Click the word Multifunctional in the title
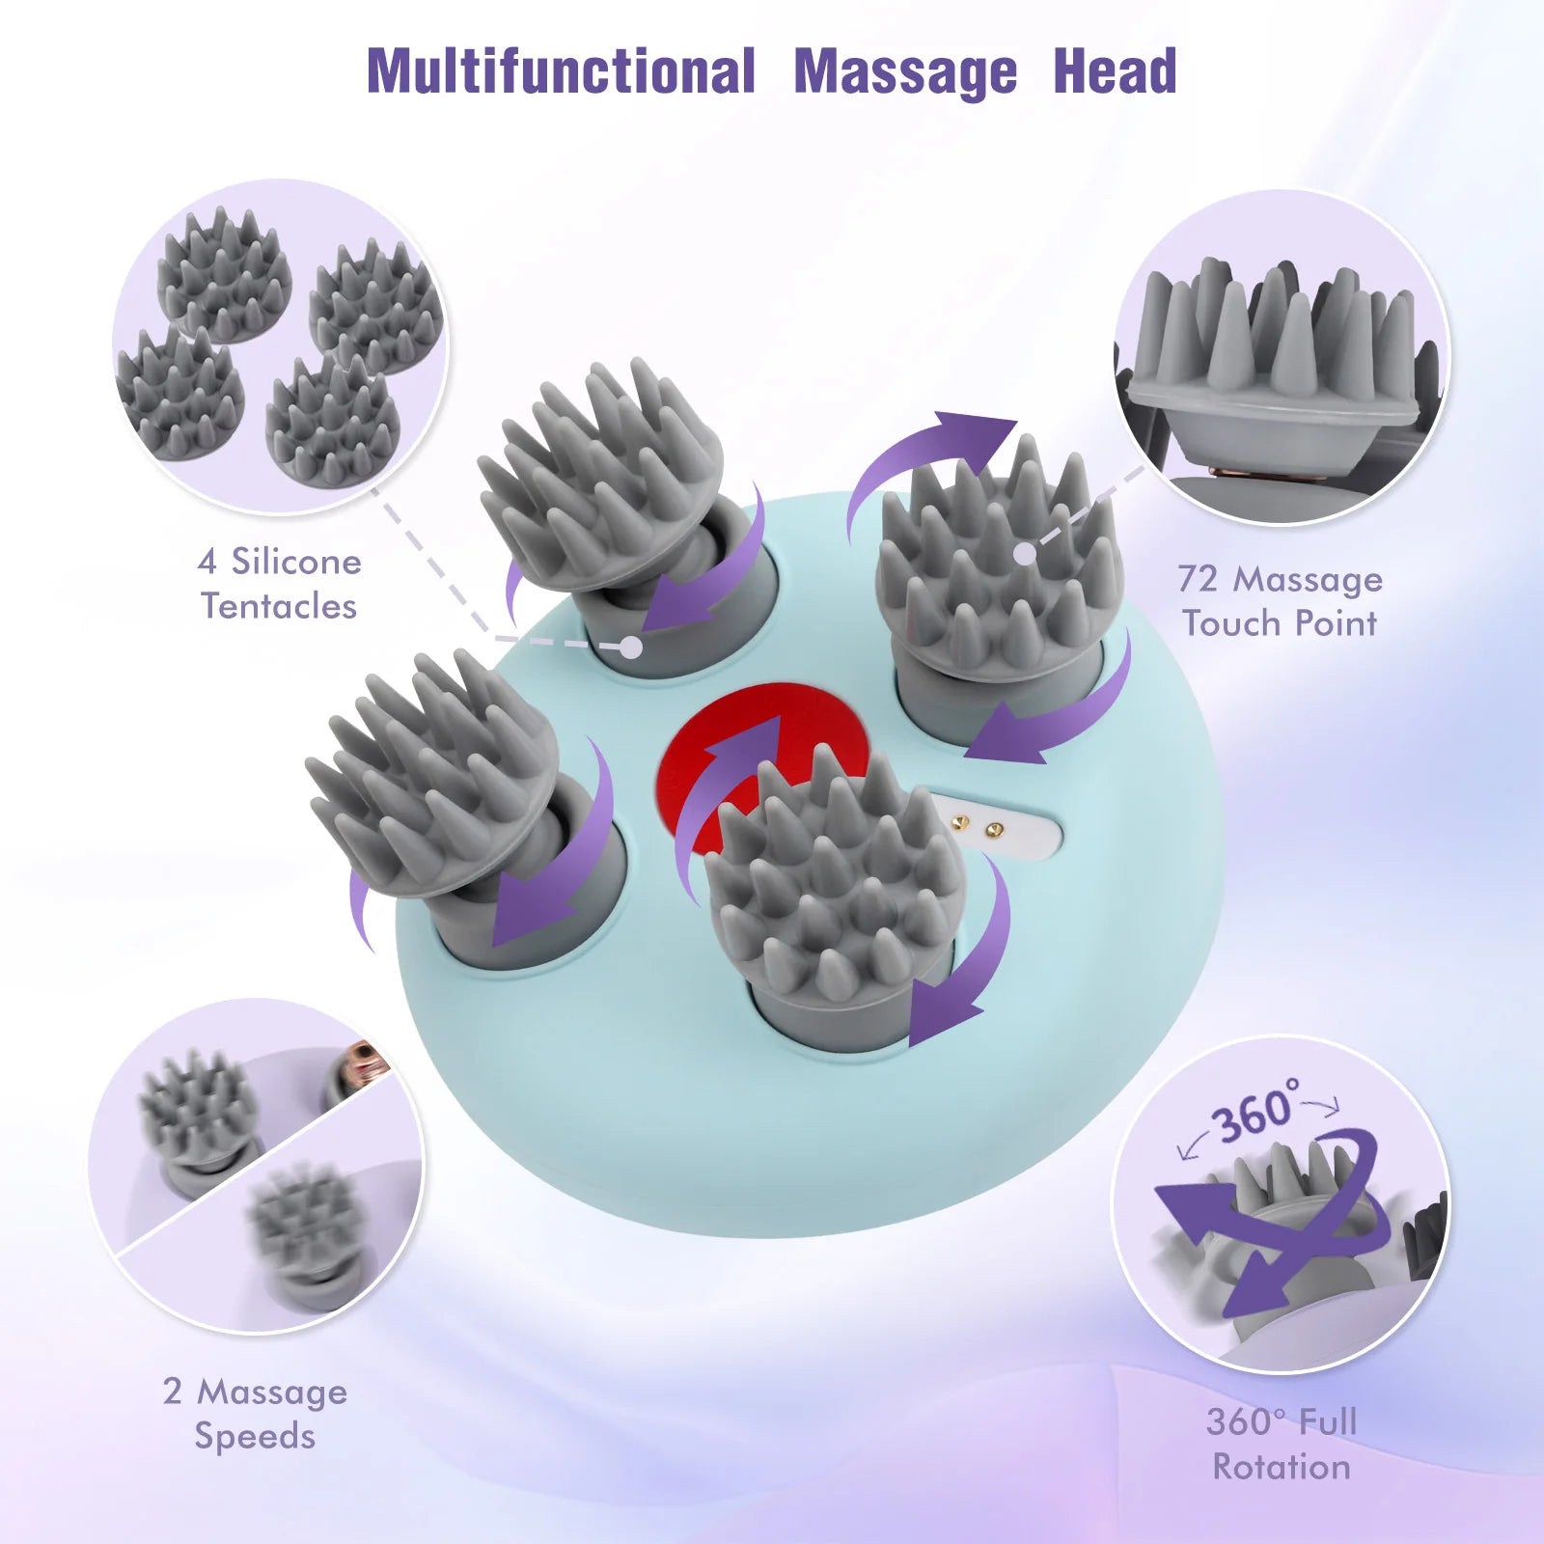561,72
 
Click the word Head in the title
1115,72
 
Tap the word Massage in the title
905,72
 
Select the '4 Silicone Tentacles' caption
279,584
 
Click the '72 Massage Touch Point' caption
1280,601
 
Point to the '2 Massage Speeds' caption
255,1414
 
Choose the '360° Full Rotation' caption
1282,1445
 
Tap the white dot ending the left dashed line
630,648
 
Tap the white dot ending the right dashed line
1025,554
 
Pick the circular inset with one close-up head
1282,357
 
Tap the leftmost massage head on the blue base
434,772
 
